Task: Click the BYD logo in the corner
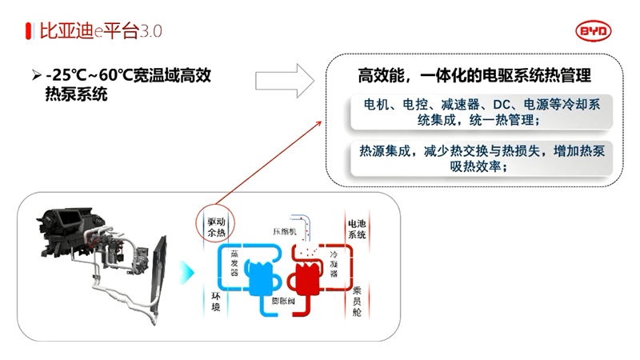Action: point(592,30)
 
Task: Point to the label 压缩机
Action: point(285,231)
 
